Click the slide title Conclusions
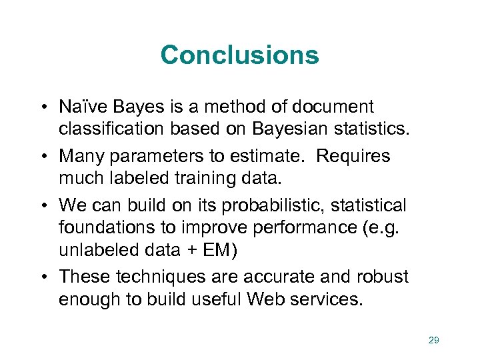pyautogui.click(x=239, y=55)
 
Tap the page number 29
pyautogui.click(x=433, y=341)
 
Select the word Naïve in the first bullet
pyautogui.click(x=81, y=107)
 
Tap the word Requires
pyautogui.click(x=353, y=157)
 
